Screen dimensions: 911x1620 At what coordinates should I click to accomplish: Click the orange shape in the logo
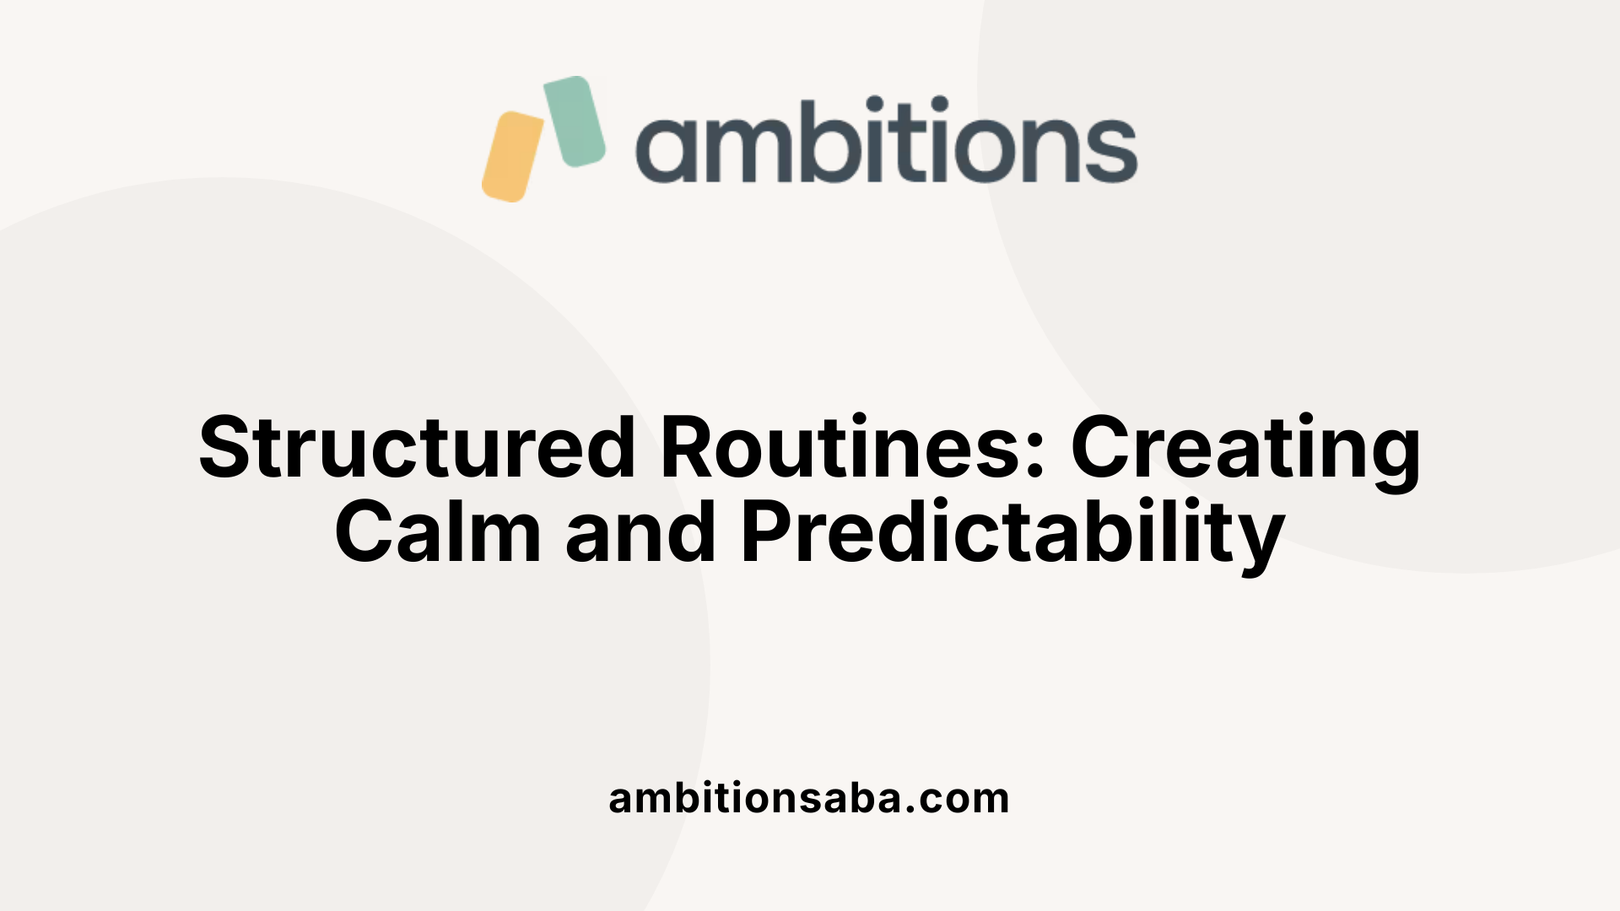[x=513, y=157]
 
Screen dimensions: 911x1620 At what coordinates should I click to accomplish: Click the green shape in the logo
[x=575, y=121]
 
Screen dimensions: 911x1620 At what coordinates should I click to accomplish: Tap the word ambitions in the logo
[x=886, y=141]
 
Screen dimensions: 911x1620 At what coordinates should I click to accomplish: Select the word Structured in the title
[x=417, y=448]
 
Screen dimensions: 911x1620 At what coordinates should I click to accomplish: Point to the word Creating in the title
[x=1245, y=448]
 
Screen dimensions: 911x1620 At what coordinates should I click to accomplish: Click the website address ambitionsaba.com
[x=809, y=798]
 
